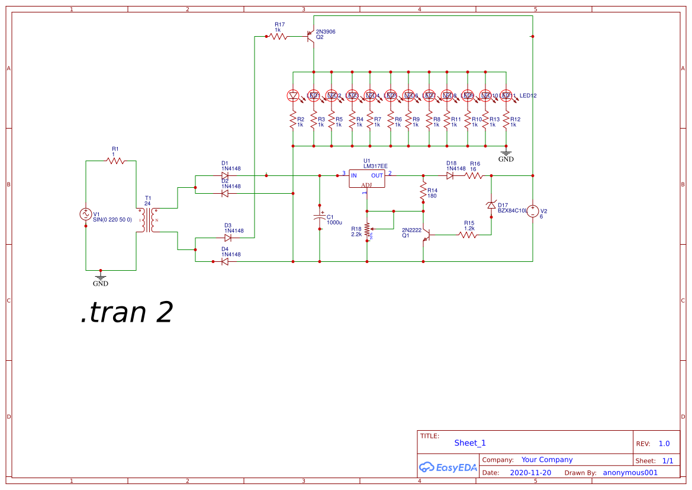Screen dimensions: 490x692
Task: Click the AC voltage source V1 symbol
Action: [x=86, y=214]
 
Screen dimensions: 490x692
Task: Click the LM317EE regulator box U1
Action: [x=366, y=179]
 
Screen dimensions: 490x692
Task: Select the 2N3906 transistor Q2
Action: [x=311, y=37]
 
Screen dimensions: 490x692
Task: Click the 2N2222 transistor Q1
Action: [x=427, y=235]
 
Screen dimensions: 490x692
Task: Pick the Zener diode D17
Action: [x=491, y=204]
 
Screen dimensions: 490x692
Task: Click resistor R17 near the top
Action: [x=278, y=36]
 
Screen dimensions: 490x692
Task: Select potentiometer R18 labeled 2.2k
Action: [x=367, y=229]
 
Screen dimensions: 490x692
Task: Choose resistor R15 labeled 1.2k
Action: [x=468, y=235]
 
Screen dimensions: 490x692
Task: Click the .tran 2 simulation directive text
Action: [x=126, y=313]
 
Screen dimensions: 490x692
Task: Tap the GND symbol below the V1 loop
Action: [x=101, y=278]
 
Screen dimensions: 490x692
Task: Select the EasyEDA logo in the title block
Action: [x=448, y=467]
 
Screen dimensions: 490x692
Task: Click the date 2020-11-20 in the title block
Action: [x=530, y=473]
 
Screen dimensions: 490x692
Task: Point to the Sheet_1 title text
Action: [x=470, y=443]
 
